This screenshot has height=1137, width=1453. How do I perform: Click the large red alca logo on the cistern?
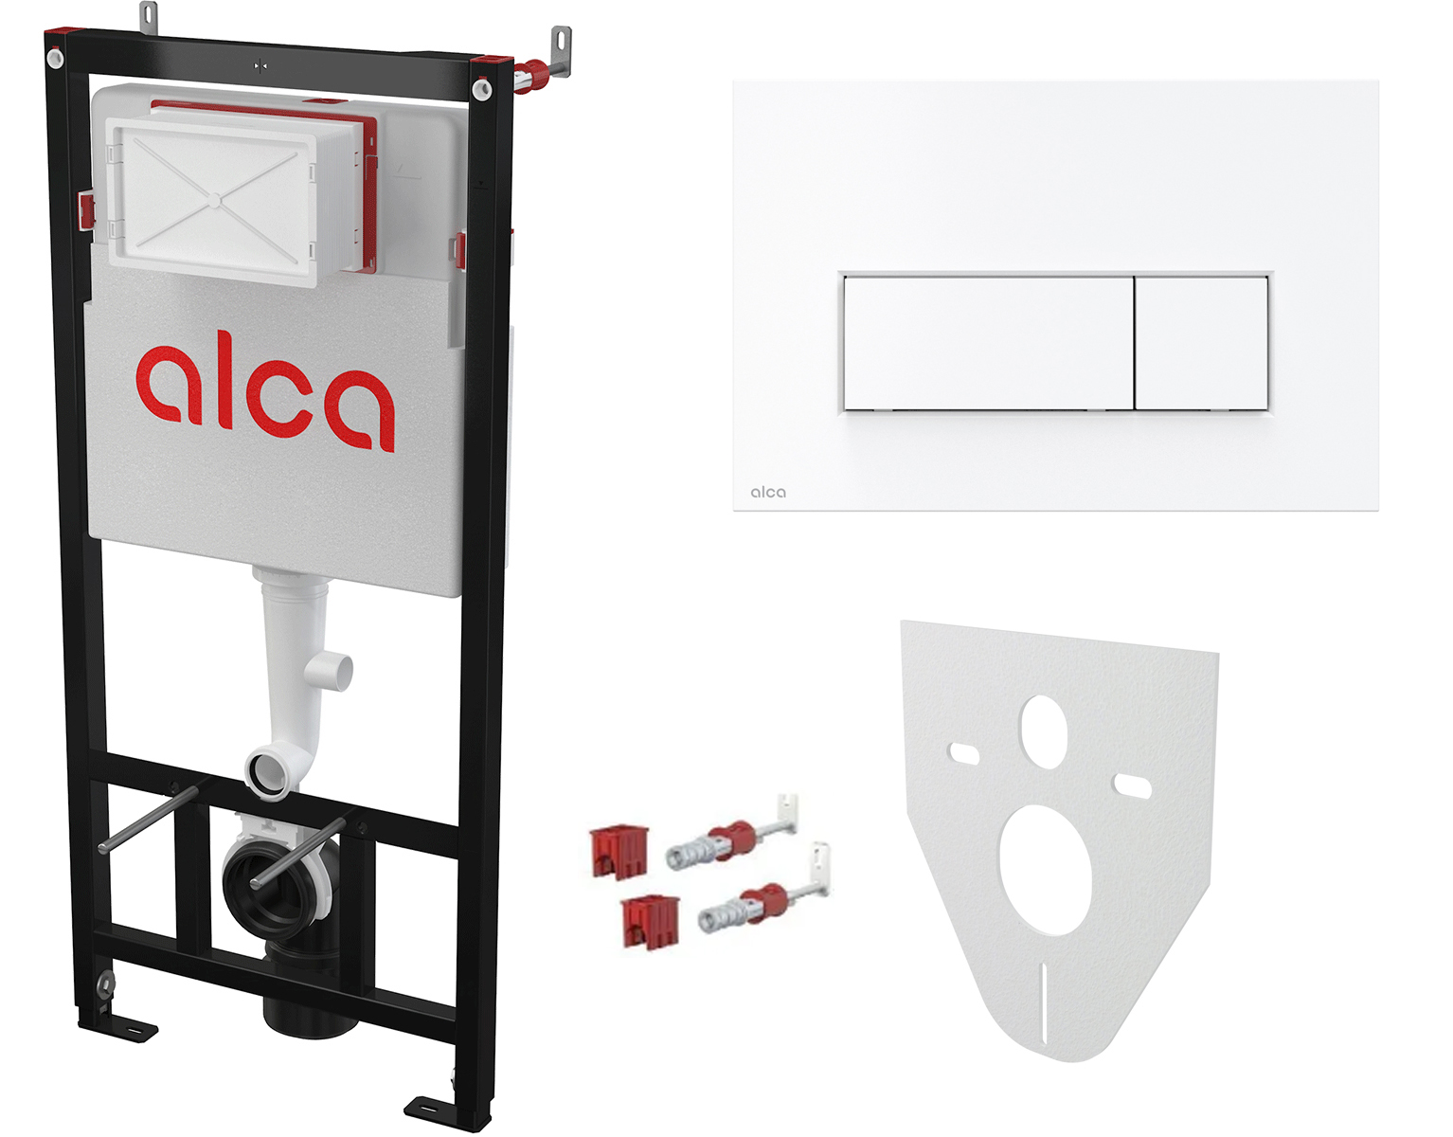(265, 398)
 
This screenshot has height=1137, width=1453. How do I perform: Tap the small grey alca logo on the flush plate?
(767, 493)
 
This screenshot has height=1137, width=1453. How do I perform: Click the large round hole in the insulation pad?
(1046, 870)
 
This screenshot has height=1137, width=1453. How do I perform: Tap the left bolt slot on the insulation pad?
(964, 754)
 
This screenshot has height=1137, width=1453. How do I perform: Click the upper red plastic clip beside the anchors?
(619, 851)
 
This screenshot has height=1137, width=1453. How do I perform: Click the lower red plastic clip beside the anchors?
(650, 922)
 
